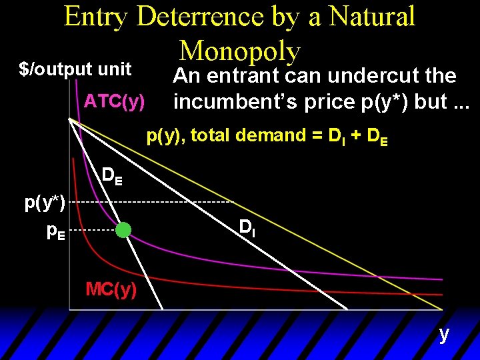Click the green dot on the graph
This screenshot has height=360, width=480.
(123, 230)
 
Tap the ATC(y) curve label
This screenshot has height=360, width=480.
(115, 102)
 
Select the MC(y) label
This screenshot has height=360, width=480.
(111, 289)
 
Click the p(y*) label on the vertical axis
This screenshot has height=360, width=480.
(45, 202)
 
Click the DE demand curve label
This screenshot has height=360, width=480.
(112, 177)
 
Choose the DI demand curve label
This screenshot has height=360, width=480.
(247, 229)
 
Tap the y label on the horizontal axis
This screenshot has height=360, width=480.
(444, 333)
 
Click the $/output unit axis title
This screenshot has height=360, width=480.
(75, 69)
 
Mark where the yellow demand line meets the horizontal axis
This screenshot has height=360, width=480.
(441, 309)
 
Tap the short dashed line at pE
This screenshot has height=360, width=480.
(90, 231)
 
